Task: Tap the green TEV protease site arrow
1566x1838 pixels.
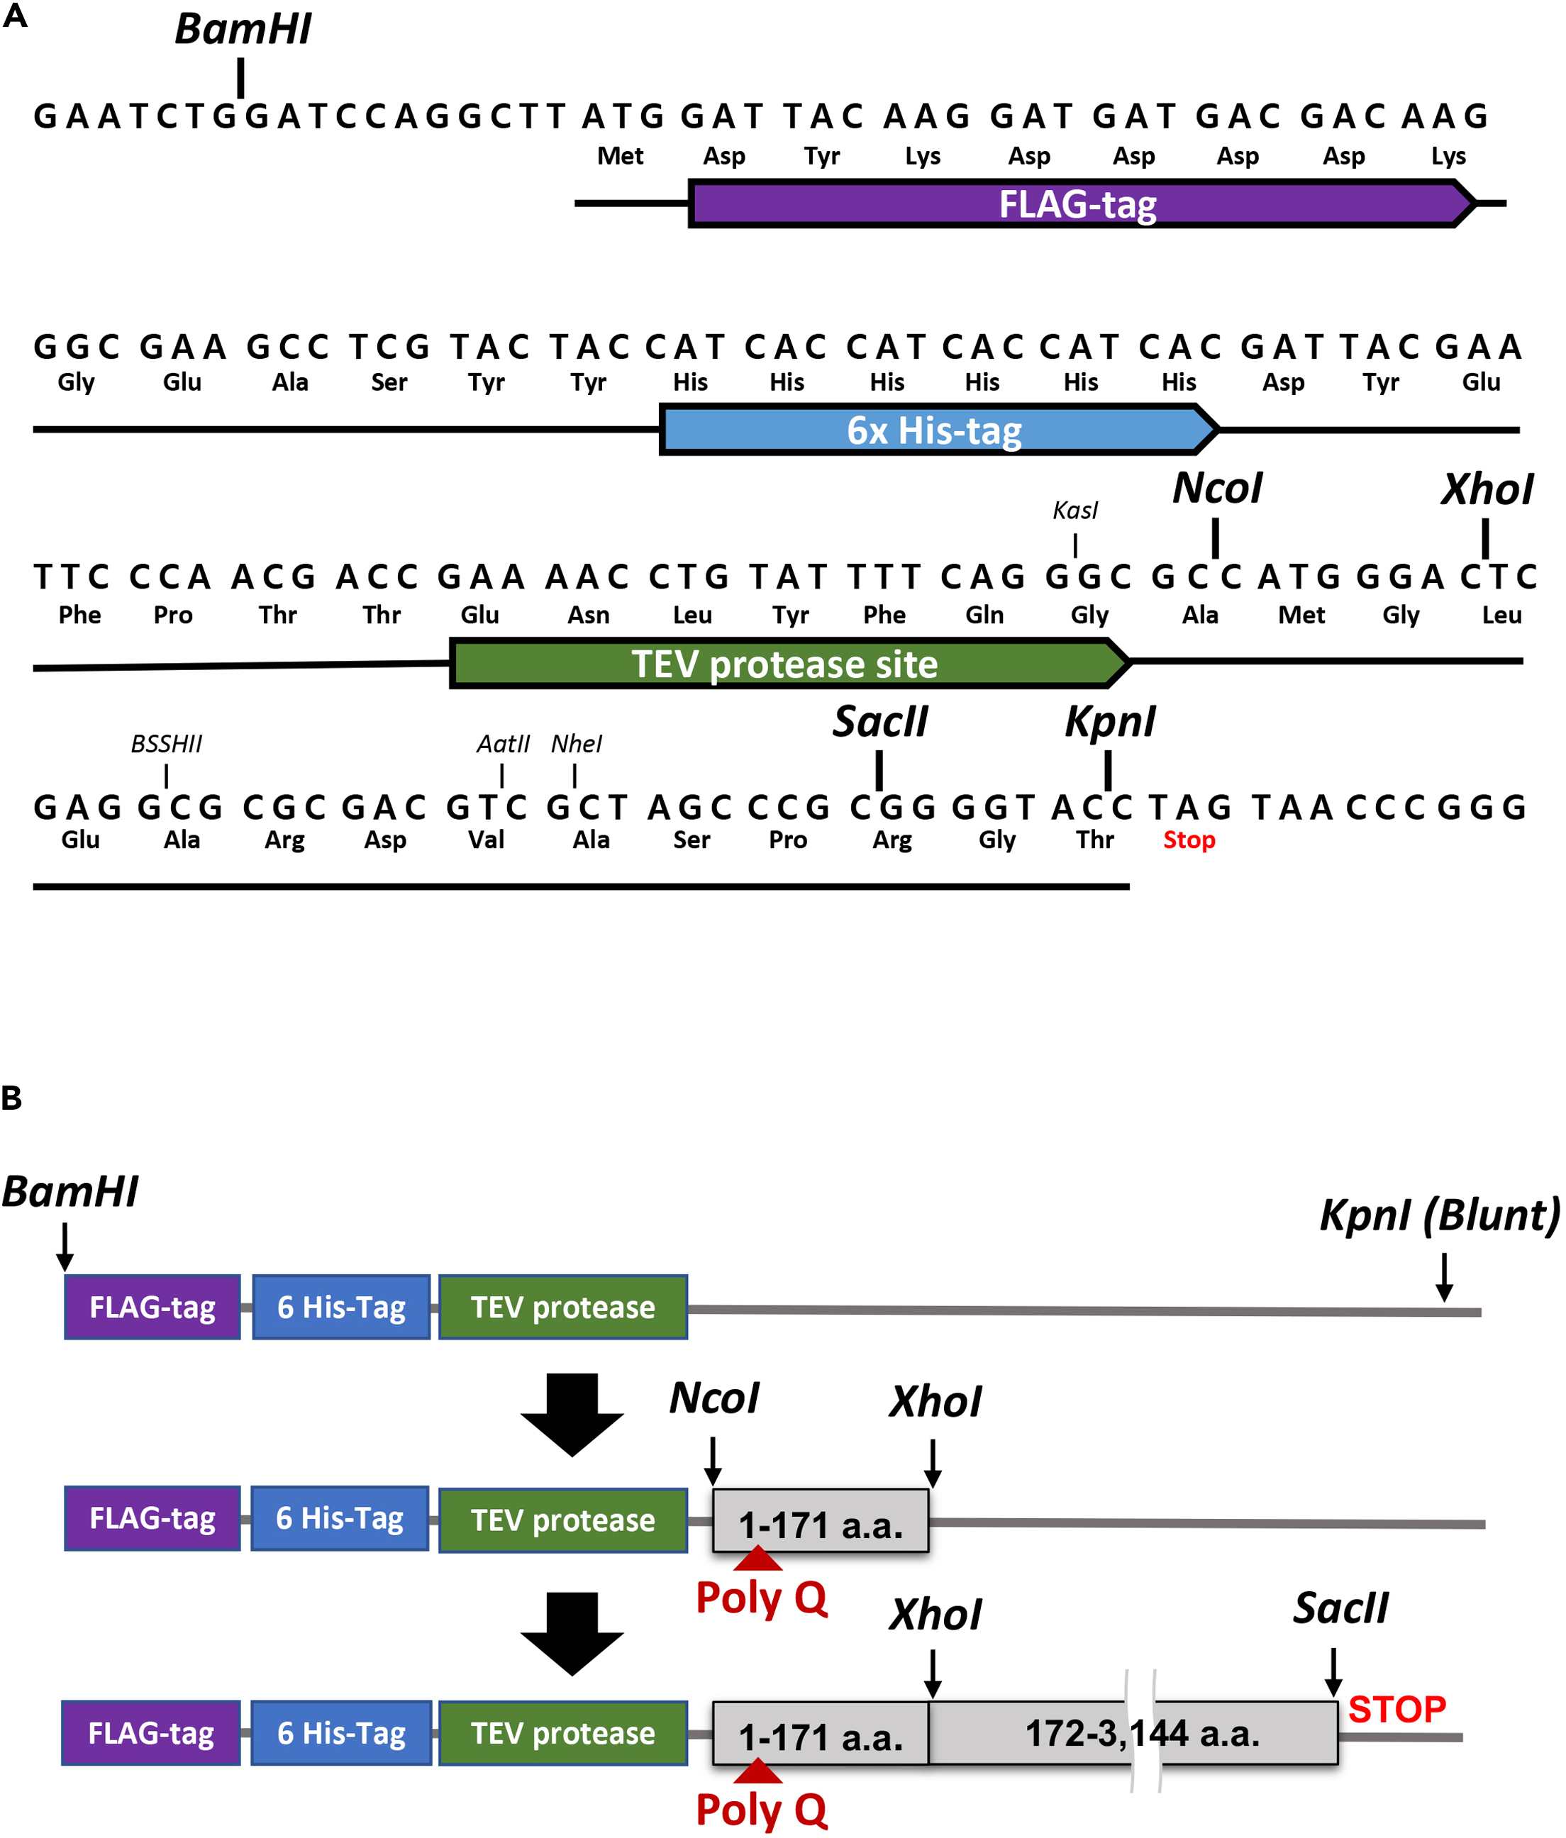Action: [x=784, y=664]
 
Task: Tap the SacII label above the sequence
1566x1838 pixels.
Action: [x=879, y=721]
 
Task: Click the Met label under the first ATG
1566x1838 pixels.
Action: [x=619, y=156]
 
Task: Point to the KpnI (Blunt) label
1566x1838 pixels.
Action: [x=1439, y=1215]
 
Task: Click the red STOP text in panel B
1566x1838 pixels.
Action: [x=1396, y=1710]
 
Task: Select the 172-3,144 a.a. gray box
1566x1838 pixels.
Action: [x=1141, y=1732]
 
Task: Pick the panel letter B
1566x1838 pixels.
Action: [x=11, y=1098]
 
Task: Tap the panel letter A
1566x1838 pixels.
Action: [x=14, y=16]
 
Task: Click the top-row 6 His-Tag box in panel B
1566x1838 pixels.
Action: [x=340, y=1307]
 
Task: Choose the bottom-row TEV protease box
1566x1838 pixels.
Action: [x=562, y=1732]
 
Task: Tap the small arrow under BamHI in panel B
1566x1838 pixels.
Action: [x=65, y=1247]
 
